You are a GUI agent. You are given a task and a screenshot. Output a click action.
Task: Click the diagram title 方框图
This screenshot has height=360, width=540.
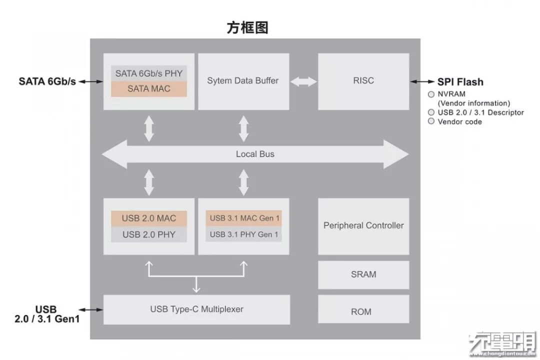pos(247,27)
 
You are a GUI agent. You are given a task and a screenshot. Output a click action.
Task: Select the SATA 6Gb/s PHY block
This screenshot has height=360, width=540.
pos(149,73)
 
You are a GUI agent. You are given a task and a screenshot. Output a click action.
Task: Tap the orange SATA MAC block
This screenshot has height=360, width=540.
pos(149,89)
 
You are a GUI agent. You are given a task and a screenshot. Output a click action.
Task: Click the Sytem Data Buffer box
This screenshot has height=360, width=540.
pos(243,80)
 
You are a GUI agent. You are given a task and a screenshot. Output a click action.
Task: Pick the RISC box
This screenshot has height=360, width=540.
pos(363,80)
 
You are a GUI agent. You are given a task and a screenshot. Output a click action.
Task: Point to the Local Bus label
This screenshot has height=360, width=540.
pos(255,154)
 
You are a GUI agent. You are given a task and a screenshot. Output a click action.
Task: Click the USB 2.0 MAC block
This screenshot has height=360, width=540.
pos(149,218)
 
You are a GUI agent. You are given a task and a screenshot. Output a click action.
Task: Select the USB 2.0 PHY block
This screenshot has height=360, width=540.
pos(149,234)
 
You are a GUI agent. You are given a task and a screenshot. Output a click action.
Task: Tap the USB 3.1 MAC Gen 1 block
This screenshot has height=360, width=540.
pos(243,218)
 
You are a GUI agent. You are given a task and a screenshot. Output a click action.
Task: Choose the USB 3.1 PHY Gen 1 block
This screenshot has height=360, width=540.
pos(243,234)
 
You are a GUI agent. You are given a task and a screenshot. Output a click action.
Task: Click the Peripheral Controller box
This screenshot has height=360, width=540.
pos(363,225)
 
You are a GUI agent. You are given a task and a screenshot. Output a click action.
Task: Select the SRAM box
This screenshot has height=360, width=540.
pos(363,274)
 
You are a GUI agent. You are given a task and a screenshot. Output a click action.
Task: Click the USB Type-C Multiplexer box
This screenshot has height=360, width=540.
pos(196,309)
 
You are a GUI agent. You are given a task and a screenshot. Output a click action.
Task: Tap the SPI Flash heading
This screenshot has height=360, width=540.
pos(460,82)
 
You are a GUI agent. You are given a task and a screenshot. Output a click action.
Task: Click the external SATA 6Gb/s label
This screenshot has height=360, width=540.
pos(47,81)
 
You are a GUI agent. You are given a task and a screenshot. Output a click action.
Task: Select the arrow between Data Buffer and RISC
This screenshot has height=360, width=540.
pos(303,81)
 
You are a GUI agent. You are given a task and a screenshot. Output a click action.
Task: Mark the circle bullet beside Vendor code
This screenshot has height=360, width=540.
pos(431,121)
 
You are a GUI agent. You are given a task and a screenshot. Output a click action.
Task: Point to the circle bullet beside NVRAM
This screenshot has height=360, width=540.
pos(431,94)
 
